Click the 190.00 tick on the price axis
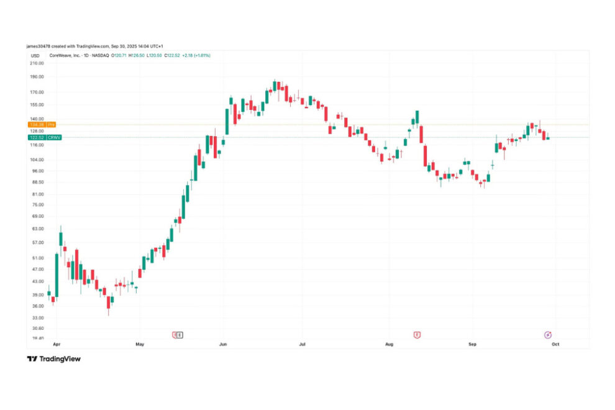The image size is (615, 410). (37, 77)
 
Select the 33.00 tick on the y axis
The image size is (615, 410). (37, 317)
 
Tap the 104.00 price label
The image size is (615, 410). (37, 159)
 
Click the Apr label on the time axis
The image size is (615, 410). (57, 343)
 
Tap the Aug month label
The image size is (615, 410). (389, 343)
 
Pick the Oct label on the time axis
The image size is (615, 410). (555, 343)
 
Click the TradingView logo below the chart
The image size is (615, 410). (54, 358)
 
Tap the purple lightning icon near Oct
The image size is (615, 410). (548, 335)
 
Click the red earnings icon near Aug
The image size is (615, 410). (417, 335)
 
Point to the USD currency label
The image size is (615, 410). (35, 55)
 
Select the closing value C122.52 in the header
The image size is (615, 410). (171, 55)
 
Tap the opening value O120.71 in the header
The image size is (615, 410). (119, 55)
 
